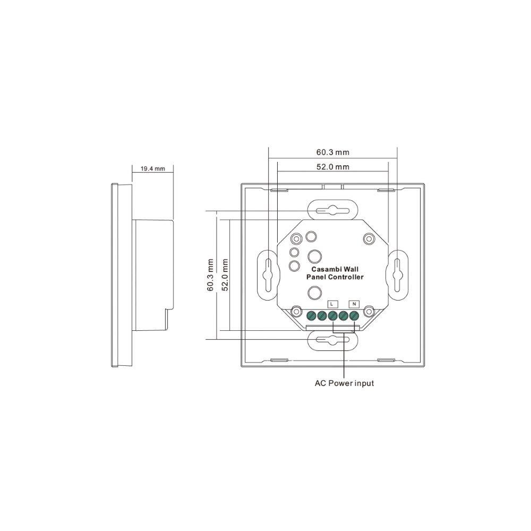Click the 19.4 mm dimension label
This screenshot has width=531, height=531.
tap(153, 169)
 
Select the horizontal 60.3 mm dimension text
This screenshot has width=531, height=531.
tap(332, 152)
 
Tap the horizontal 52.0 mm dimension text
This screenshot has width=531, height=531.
tap(332, 167)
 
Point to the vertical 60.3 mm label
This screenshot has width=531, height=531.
tap(210, 275)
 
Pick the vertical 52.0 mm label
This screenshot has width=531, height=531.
tap(225, 275)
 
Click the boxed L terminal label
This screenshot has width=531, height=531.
tap(332, 304)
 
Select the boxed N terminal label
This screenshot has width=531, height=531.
tap(354, 304)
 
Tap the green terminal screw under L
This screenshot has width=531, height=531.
tap(332, 316)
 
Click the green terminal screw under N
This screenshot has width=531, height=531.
tap(354, 316)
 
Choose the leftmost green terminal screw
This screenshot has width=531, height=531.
tap(311, 316)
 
